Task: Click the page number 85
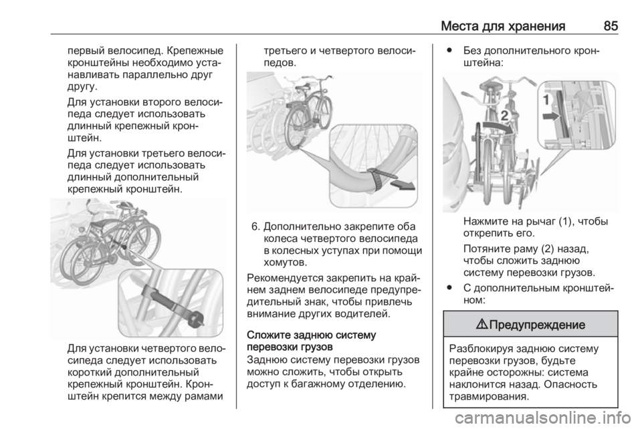tap(611, 26)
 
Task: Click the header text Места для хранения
tap(503, 27)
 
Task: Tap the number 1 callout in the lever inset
tap(546, 99)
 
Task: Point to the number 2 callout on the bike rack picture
tap(504, 116)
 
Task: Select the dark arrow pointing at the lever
tap(550, 116)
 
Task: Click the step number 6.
tap(255, 227)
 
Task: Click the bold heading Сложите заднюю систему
tap(311, 335)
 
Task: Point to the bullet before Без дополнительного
tap(450, 51)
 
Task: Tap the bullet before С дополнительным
tap(450, 288)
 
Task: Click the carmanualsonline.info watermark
tap(542, 418)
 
